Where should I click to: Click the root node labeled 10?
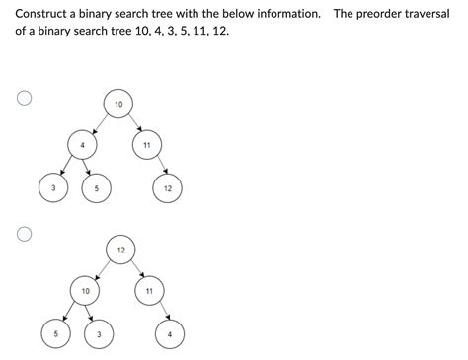click(118, 104)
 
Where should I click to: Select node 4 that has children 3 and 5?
click(82, 145)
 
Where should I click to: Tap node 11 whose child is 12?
click(147, 145)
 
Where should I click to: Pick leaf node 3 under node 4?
click(53, 188)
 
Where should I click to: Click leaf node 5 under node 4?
click(97, 188)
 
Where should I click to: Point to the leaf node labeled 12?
click(167, 188)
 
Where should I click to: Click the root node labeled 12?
click(120, 250)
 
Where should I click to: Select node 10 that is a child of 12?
click(85, 291)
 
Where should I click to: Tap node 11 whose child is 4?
click(149, 291)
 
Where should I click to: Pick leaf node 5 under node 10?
click(56, 334)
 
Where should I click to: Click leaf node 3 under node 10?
click(99, 334)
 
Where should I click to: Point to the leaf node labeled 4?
click(170, 334)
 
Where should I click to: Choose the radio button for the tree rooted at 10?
click(24, 98)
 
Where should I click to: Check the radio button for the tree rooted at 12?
click(24, 234)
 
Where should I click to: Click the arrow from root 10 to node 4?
click(101, 124)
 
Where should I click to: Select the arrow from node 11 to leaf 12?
click(162, 165)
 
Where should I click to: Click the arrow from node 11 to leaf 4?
click(165, 311)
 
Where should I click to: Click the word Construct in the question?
click(40, 14)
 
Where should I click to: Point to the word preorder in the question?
click(379, 14)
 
